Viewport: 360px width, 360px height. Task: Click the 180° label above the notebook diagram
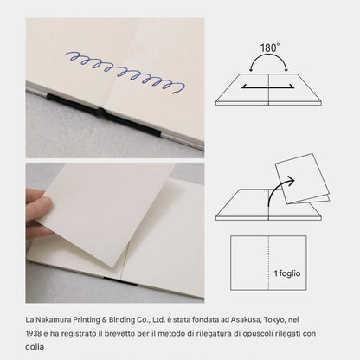[x=270, y=48]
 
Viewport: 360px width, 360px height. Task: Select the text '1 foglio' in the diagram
[x=287, y=273]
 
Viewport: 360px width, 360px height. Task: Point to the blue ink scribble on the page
[x=125, y=72]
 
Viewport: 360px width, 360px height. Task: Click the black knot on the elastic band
[x=100, y=112]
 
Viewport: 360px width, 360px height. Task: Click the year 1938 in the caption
[x=33, y=334]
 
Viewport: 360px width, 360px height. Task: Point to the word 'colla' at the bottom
[x=35, y=346]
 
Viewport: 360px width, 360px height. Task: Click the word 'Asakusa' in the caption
[x=247, y=320]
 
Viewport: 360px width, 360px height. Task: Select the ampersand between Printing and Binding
[x=105, y=320]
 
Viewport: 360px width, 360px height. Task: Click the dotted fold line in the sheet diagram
[x=269, y=263]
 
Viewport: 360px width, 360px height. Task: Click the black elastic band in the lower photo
[x=120, y=281]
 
